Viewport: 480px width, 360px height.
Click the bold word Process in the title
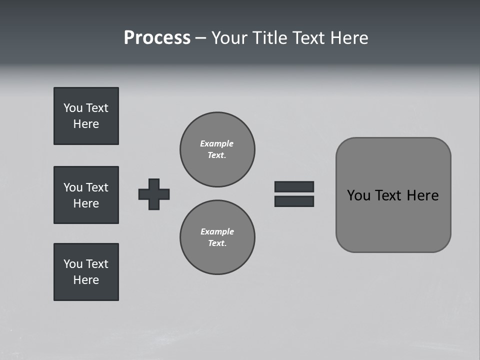[x=157, y=38]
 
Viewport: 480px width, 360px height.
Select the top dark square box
[x=86, y=116]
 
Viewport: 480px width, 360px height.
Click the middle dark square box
[x=86, y=195]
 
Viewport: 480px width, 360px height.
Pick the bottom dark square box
[x=86, y=272]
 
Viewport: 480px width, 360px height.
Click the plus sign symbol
[x=154, y=194]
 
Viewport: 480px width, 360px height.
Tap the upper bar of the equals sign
[x=294, y=186]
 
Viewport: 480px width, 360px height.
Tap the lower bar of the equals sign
[x=294, y=201]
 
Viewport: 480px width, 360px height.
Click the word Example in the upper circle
[x=216, y=143]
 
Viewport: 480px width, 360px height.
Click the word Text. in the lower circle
[x=217, y=243]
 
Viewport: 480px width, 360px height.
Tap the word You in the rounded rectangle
[x=358, y=195]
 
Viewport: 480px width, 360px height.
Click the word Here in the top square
[x=86, y=124]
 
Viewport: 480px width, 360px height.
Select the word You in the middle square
[x=72, y=187]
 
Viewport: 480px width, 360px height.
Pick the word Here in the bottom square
[x=86, y=280]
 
